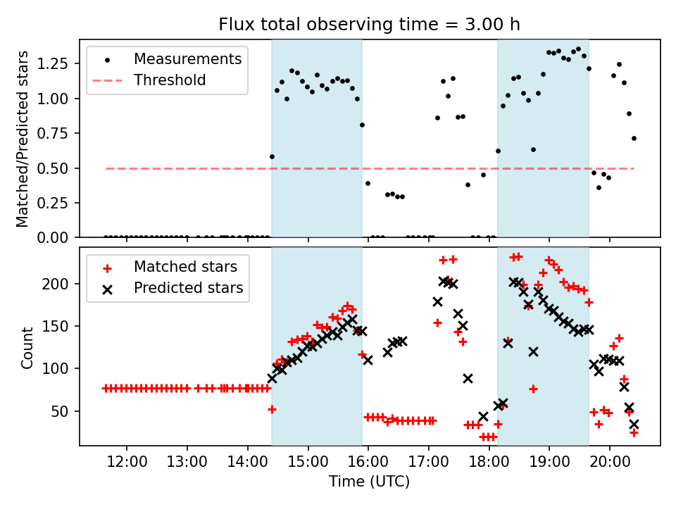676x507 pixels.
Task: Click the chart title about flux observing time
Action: pos(369,25)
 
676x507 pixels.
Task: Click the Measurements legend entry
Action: pos(187,58)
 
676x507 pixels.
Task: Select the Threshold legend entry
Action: pos(170,80)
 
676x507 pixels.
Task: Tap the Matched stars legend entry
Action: pos(185,267)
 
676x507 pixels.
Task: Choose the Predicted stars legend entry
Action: pos(188,288)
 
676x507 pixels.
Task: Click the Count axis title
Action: pos(27,347)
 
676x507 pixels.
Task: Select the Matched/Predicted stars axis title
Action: pos(23,139)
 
